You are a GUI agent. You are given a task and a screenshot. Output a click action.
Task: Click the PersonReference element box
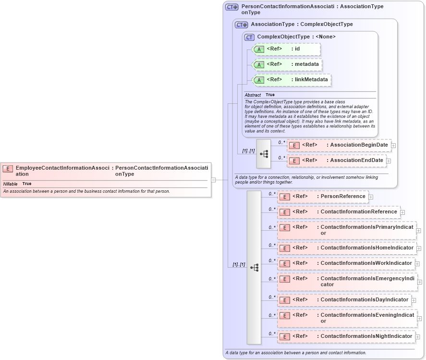(x=323, y=197)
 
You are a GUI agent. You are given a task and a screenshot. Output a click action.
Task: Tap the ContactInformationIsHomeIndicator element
(x=346, y=248)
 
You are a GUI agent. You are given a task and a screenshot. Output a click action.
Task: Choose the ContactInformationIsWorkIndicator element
(x=346, y=263)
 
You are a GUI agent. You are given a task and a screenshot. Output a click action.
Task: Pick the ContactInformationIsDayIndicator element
(x=344, y=300)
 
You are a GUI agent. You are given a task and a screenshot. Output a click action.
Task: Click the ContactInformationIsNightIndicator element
(x=346, y=336)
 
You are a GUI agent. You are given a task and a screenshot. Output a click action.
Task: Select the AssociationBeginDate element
(x=339, y=145)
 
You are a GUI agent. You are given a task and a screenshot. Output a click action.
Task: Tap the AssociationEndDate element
(x=336, y=161)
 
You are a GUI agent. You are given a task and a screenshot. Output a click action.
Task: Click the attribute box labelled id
(x=286, y=49)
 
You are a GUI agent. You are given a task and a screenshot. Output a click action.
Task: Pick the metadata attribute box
(x=286, y=64)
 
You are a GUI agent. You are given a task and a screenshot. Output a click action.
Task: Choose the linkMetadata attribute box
(x=291, y=80)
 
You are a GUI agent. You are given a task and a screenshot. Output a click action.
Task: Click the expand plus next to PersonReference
(x=371, y=197)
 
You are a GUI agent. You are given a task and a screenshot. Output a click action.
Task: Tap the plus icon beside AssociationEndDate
(x=389, y=161)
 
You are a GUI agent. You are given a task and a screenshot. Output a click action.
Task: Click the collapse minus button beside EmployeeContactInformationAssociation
(x=213, y=180)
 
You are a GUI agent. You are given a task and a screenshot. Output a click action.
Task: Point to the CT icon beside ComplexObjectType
(x=249, y=37)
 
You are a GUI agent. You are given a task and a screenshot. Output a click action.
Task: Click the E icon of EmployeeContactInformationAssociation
(x=8, y=169)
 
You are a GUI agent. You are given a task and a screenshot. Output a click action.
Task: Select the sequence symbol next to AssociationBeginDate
(x=264, y=154)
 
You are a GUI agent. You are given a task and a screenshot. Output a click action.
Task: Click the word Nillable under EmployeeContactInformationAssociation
(x=10, y=184)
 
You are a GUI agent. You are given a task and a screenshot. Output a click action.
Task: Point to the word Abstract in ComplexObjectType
(x=253, y=95)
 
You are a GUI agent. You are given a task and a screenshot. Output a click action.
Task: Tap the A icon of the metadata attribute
(x=259, y=65)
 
